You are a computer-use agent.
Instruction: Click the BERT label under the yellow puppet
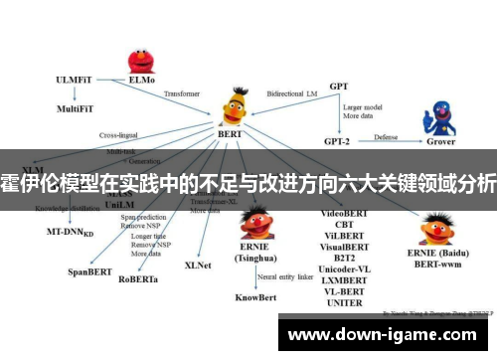pyautogui.click(x=230, y=132)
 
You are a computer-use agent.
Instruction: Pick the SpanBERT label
pyautogui.click(x=87, y=270)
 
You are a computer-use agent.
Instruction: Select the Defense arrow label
pyautogui.click(x=387, y=136)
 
